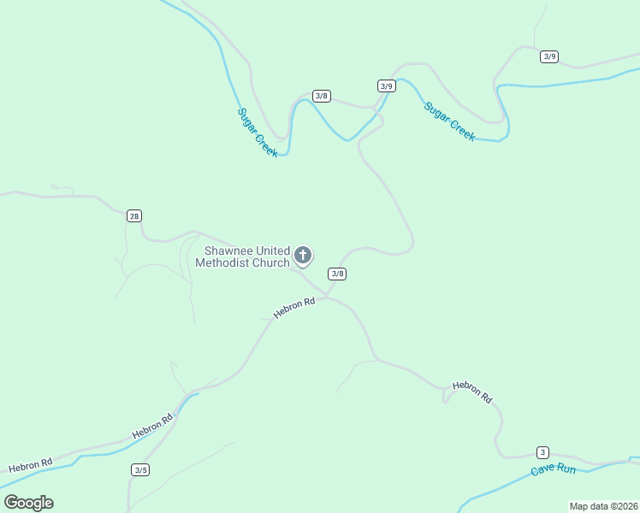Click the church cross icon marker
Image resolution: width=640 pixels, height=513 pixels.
tap(302, 255)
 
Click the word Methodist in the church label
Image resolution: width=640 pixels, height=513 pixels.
tap(226, 262)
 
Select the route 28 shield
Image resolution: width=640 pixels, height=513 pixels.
tap(134, 215)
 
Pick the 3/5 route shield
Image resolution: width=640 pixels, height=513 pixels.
tap(141, 469)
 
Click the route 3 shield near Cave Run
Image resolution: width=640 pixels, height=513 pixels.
tap(542, 452)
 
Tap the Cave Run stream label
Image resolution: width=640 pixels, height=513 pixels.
tap(554, 469)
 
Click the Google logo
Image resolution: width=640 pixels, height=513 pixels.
tap(28, 502)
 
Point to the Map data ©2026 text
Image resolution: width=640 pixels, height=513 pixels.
tap(602, 506)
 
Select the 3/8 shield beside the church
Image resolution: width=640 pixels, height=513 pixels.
tap(338, 274)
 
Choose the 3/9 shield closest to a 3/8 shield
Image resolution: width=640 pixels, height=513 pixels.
tap(386, 85)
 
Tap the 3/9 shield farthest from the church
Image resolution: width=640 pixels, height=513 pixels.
tap(549, 56)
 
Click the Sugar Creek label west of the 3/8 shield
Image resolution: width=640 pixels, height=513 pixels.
tap(258, 132)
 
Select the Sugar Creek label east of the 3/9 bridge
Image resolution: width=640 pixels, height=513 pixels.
tap(449, 121)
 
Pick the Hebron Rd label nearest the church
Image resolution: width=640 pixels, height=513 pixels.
tap(294, 308)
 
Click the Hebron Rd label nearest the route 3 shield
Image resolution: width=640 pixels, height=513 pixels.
tap(472, 392)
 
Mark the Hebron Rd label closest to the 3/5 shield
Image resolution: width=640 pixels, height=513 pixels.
tap(152, 426)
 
